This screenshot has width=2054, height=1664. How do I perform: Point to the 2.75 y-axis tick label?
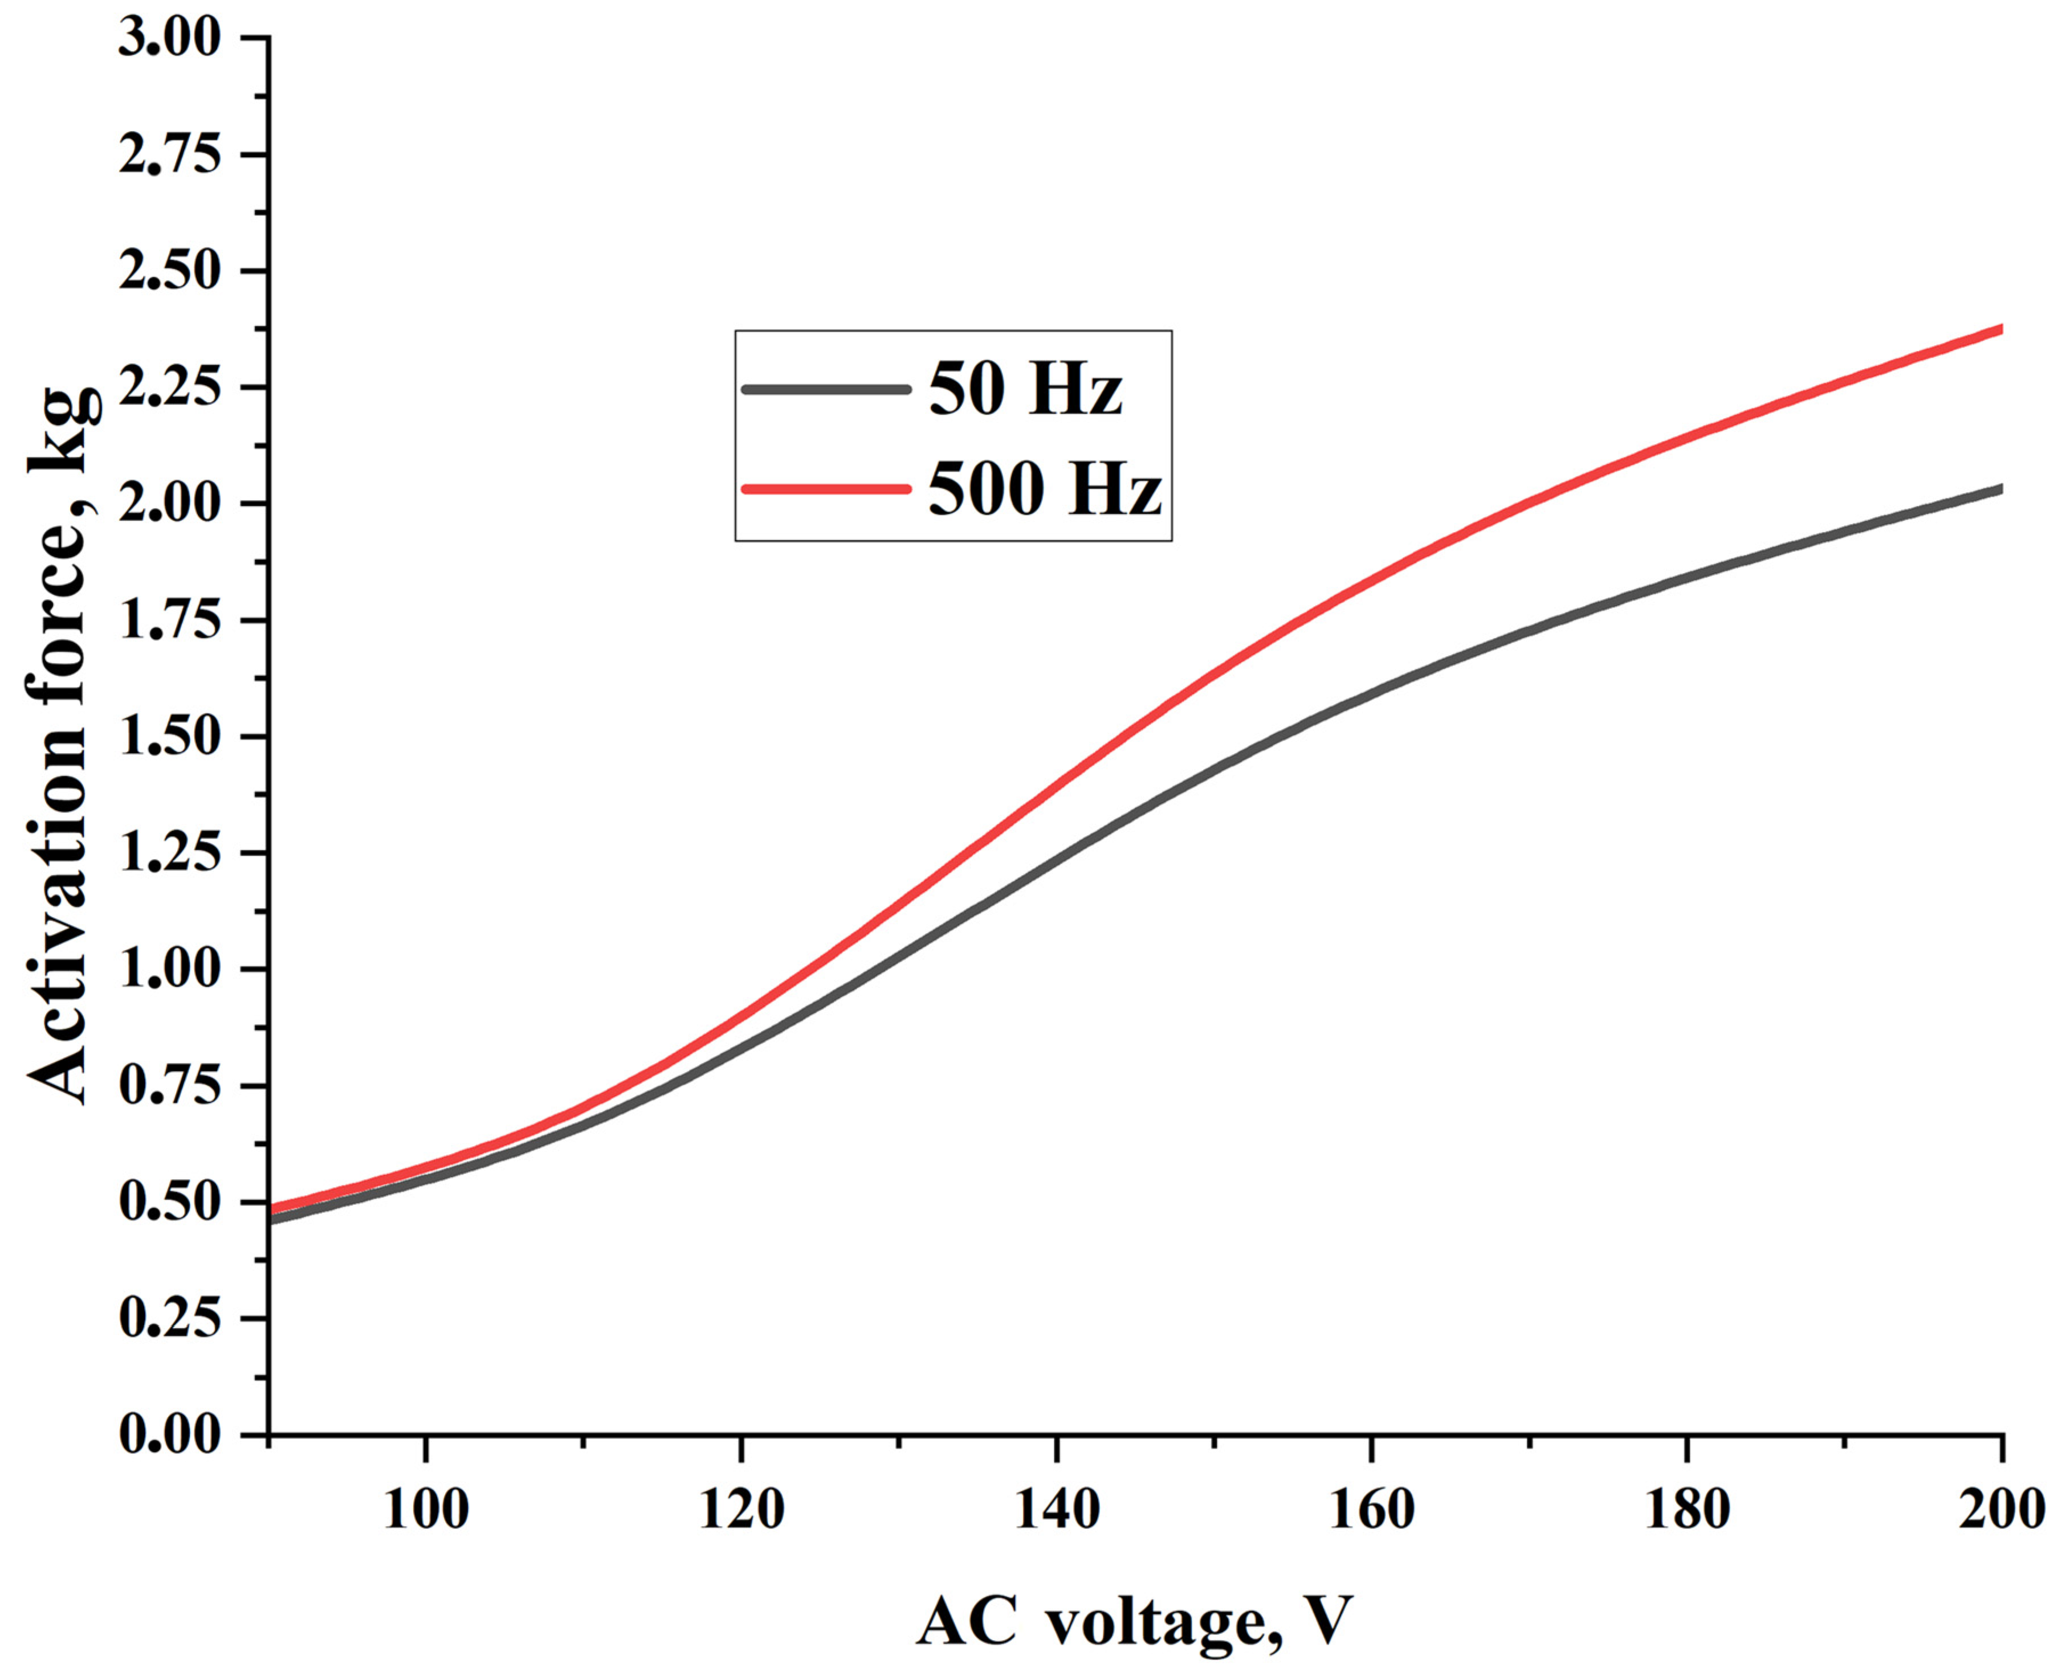coord(169,156)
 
